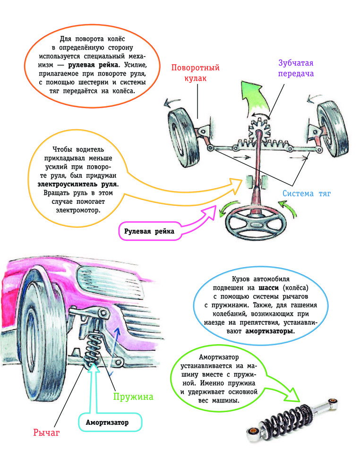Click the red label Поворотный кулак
coord(195,74)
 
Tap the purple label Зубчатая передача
coord(296,68)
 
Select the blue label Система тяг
coord(308,193)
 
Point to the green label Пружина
coord(133,396)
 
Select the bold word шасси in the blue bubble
coord(269,287)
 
